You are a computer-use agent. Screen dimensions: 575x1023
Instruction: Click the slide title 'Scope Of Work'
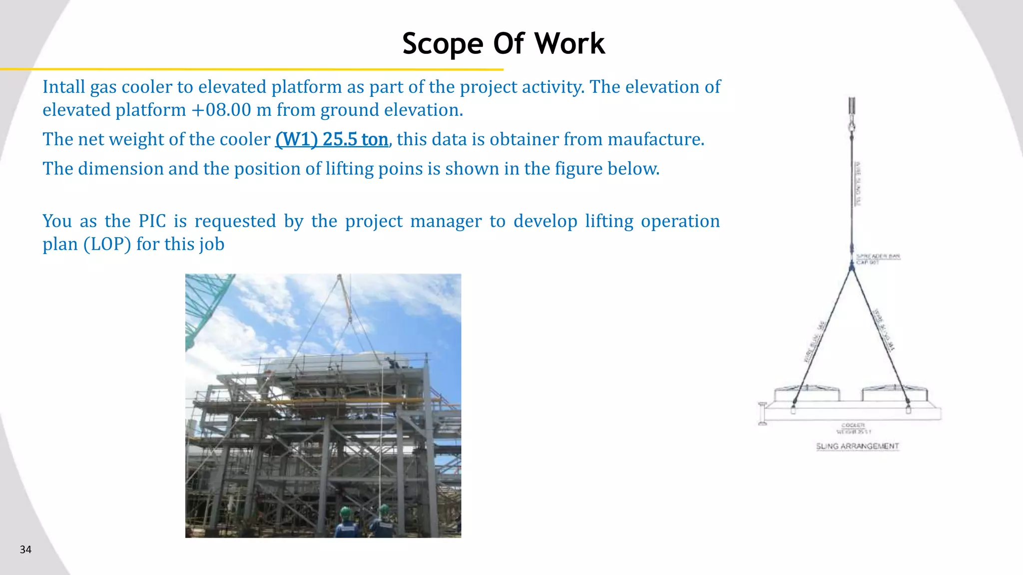tap(503, 43)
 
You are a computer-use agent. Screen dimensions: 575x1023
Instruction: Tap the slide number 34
tap(25, 550)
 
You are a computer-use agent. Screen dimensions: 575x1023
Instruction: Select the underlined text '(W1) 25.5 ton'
tap(331, 139)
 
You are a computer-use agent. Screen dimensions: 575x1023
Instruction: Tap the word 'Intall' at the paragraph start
tap(63, 87)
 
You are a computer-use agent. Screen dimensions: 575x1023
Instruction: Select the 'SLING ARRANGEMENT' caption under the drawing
tap(857, 446)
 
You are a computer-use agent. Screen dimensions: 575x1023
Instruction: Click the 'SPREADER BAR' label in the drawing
tap(878, 256)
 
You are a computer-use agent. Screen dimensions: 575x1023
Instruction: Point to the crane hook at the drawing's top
tap(852, 122)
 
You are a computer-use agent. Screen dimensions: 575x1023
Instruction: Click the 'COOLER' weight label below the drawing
tap(853, 426)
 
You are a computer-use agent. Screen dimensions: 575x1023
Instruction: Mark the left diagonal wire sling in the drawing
tap(822, 334)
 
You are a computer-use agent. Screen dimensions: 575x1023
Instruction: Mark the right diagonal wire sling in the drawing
tap(880, 334)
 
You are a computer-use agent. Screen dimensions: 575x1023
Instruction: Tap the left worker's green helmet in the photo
tap(346, 512)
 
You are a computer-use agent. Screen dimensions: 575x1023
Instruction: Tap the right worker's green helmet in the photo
tap(384, 510)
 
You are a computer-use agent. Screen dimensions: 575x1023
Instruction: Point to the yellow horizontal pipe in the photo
tap(320, 401)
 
